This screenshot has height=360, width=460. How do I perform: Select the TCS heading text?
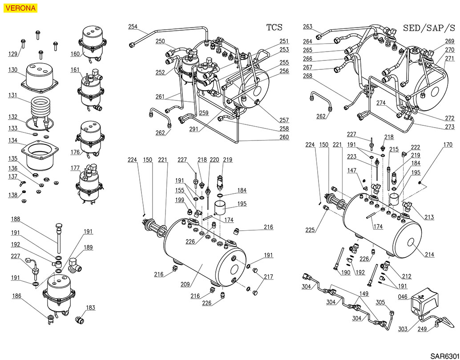(274, 28)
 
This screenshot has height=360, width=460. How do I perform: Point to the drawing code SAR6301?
(444, 356)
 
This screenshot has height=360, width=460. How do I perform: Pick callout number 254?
(133, 27)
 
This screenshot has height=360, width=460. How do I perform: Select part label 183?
(90, 308)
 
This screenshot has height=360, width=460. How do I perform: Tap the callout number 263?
(308, 27)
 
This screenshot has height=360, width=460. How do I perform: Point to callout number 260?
(284, 137)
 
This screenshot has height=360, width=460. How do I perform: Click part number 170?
(448, 144)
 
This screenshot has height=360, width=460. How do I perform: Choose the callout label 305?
(380, 303)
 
